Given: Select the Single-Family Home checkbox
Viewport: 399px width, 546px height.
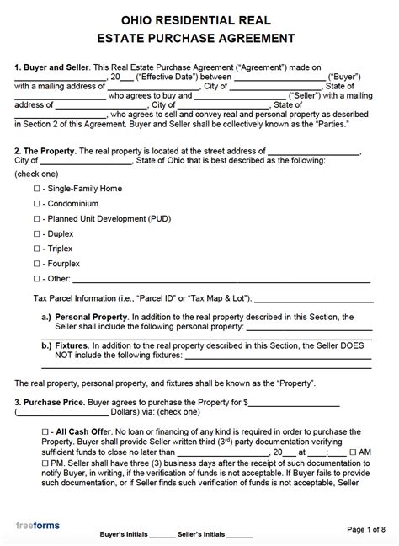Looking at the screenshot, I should point(36,189).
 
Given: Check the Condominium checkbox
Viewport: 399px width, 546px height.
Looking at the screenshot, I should point(36,203).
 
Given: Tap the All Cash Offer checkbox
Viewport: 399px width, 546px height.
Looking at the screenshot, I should point(43,431).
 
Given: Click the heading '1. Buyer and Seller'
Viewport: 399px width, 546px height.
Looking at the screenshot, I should point(49,66).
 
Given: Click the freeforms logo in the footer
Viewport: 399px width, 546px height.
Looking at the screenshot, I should point(38,526).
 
